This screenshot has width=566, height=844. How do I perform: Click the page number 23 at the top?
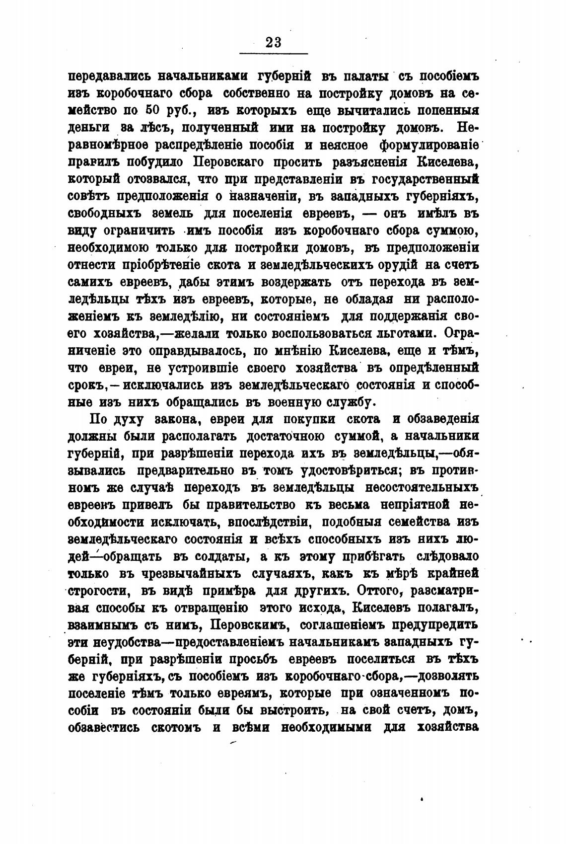click(274, 42)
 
